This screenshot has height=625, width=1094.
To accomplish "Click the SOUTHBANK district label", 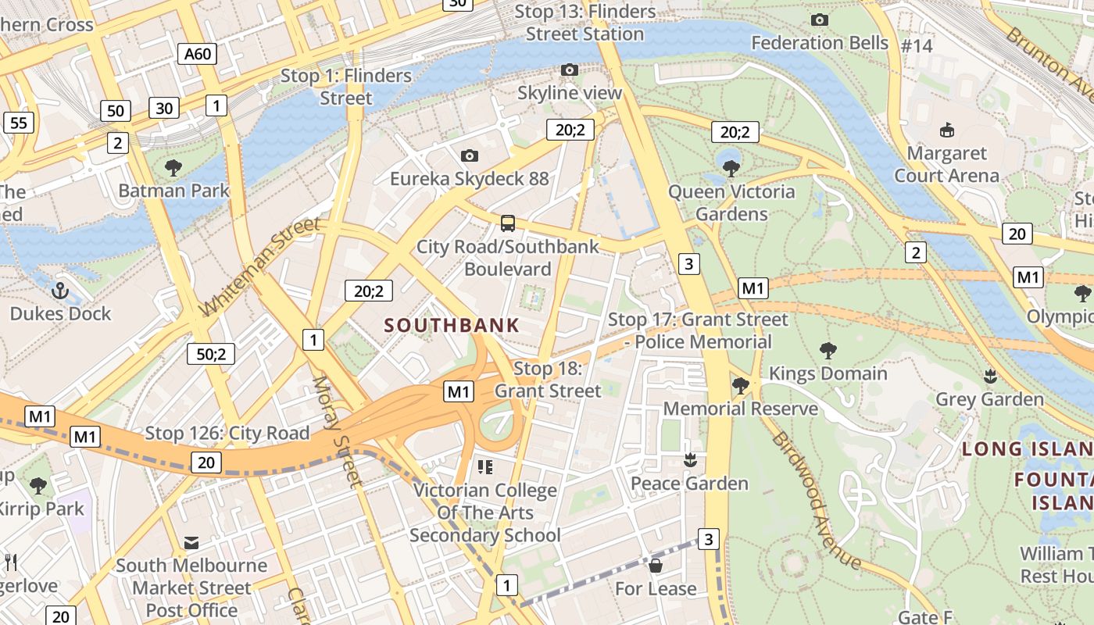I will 452,326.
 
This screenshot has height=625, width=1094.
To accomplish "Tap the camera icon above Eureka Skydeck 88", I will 469,156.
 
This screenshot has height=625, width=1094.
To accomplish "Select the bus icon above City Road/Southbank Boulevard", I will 508,223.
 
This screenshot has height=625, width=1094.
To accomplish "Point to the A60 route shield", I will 197,54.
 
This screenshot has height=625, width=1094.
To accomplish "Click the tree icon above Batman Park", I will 173,167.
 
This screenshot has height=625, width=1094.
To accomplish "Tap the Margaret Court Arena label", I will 946,164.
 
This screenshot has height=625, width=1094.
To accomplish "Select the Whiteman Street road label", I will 260,266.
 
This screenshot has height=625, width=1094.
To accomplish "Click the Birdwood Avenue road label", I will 816,500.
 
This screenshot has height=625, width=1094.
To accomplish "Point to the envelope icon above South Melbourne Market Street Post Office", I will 191,542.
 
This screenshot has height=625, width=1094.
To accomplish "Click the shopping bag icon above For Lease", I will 656,566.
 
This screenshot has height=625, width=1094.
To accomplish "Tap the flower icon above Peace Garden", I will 689,461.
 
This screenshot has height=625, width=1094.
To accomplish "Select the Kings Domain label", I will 828,373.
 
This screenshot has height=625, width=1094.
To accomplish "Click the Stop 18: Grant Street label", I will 548,380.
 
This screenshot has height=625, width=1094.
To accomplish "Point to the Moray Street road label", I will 338,431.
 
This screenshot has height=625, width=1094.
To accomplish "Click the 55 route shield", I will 19,122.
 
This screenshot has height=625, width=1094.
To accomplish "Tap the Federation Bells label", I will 820,42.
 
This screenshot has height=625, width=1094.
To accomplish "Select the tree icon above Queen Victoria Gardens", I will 731,168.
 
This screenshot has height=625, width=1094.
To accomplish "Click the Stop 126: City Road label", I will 227,433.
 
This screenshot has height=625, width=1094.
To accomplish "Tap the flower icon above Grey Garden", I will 990,377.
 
